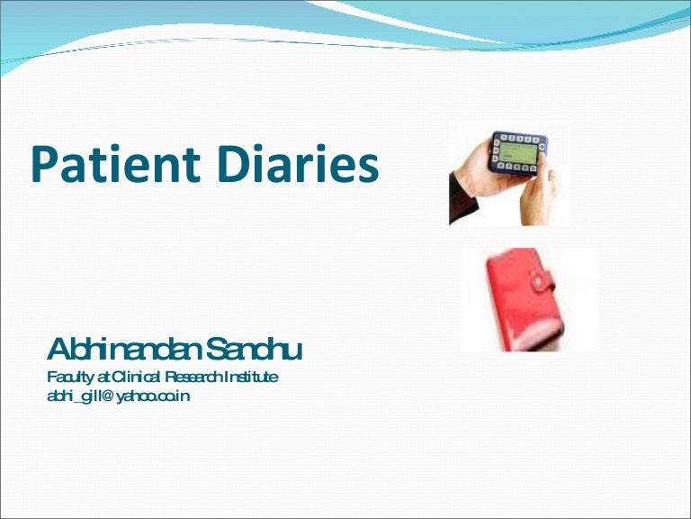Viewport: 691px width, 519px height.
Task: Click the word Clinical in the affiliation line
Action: click(x=138, y=377)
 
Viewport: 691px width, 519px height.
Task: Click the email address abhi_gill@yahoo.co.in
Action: click(x=118, y=395)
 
